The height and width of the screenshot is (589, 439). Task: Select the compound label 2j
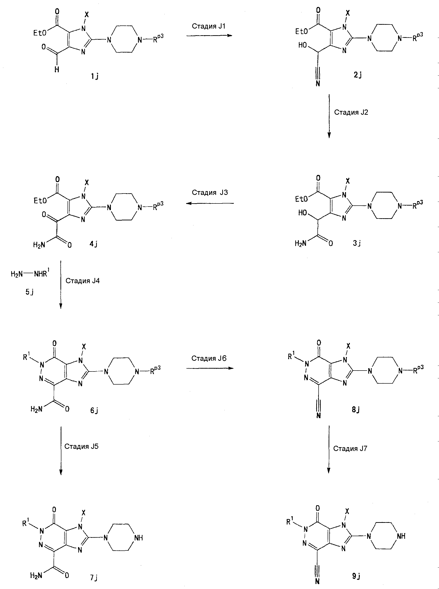357,75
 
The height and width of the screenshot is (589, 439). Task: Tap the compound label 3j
357,243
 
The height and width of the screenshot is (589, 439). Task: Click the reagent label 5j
30,292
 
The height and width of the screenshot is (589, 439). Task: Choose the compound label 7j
94,577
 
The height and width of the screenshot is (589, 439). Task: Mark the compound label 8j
355,410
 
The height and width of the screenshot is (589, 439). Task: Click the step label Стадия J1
209,26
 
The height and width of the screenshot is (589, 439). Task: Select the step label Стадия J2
351,112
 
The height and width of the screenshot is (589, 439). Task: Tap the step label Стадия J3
210,193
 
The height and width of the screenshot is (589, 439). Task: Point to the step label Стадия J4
82,281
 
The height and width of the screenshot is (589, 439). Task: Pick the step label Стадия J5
81,446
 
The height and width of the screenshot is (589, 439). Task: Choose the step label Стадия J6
209,358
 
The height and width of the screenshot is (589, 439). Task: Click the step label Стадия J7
350,449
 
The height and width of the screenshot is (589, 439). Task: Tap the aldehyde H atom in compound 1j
57,70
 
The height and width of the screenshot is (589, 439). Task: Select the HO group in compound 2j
302,45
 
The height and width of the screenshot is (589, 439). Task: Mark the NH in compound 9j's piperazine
401,536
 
